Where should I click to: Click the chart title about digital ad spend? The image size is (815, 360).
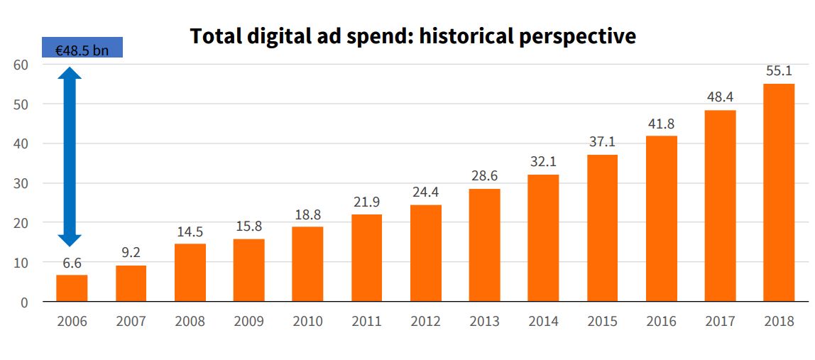412,36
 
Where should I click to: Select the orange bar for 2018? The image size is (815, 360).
779,193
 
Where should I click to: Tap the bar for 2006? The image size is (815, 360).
72,288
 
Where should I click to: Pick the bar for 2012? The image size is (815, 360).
426,253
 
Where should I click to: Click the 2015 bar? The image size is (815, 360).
602,229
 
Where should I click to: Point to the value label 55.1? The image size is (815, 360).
779,71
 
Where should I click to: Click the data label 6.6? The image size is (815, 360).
72,263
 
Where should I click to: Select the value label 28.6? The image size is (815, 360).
484,176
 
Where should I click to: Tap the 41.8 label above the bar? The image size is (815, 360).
661,124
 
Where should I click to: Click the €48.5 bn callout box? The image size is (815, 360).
82,48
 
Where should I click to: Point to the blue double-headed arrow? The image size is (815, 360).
70,156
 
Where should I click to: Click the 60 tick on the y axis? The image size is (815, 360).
21,65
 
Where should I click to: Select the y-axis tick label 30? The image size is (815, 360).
21,183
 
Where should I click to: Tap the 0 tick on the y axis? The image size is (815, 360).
24,302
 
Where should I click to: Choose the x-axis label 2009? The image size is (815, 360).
248,322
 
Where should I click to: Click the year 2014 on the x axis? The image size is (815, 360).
543,322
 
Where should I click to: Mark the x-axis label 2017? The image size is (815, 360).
720,322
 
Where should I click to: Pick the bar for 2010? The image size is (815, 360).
308,264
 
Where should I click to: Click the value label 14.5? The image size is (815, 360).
190,231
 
